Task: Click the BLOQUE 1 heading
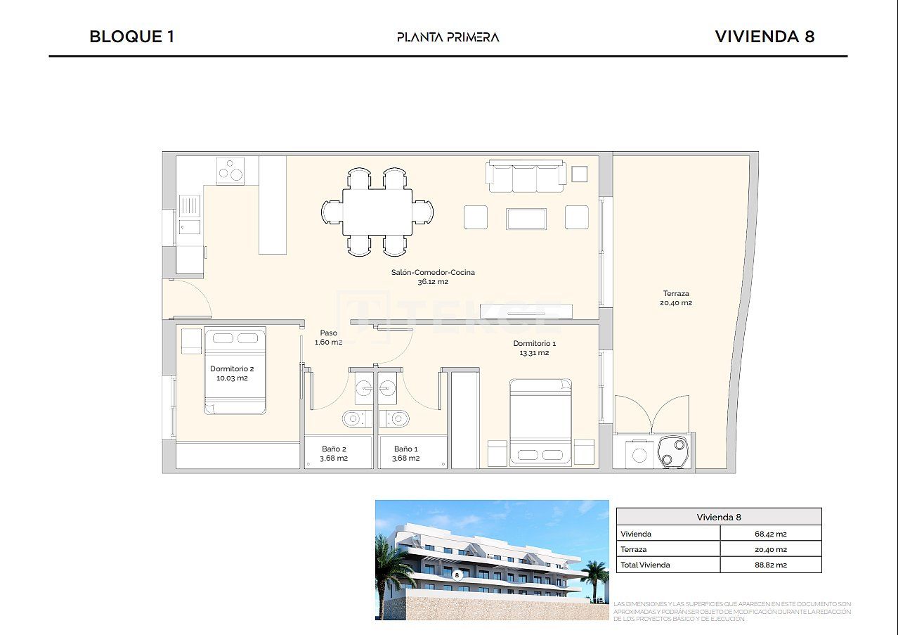[x=131, y=37]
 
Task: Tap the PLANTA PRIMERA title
[x=448, y=37]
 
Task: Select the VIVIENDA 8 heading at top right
[x=764, y=37]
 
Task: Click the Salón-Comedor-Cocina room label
[x=433, y=276]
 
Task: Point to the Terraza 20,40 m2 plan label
[x=676, y=298]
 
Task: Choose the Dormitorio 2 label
[x=232, y=373]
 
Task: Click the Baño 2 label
[x=334, y=453]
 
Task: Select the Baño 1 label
[x=406, y=453]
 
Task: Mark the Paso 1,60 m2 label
[x=328, y=338]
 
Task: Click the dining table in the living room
[x=377, y=212]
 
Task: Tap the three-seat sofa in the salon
[x=526, y=177]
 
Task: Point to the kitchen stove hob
[x=230, y=171]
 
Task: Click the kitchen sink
[x=189, y=205]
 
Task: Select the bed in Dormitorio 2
[x=235, y=371]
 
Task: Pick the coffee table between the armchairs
[x=526, y=218]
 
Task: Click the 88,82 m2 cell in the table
[x=770, y=565]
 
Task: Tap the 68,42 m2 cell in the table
[x=770, y=534]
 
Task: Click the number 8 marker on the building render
[x=457, y=575]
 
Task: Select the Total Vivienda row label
[x=645, y=565]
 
